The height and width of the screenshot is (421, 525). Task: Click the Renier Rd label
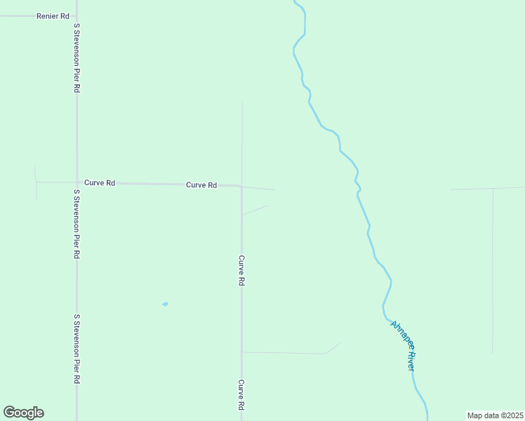click(x=53, y=15)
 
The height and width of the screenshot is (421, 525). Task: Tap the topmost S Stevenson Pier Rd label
click(x=77, y=58)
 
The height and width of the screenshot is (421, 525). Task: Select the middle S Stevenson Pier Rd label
click(x=76, y=224)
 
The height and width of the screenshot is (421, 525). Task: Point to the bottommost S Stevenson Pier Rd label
click(x=76, y=349)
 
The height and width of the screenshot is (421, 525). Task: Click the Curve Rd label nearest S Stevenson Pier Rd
click(x=100, y=182)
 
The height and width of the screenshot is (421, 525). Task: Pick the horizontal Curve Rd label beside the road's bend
click(x=201, y=185)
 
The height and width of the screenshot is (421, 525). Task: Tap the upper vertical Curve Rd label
click(x=241, y=270)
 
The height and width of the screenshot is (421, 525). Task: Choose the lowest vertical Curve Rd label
click(x=241, y=396)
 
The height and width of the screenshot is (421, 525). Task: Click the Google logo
click(x=23, y=413)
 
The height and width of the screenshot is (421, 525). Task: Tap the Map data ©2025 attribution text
click(x=495, y=415)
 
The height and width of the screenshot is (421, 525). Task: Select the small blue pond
click(x=165, y=304)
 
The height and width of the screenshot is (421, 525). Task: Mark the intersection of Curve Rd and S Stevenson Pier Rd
click(x=77, y=182)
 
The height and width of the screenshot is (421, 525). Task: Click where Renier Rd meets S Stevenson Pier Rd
click(x=77, y=15)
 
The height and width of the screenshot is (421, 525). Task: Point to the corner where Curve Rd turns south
click(x=241, y=187)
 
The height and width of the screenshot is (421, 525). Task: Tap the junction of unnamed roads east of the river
click(x=492, y=189)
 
